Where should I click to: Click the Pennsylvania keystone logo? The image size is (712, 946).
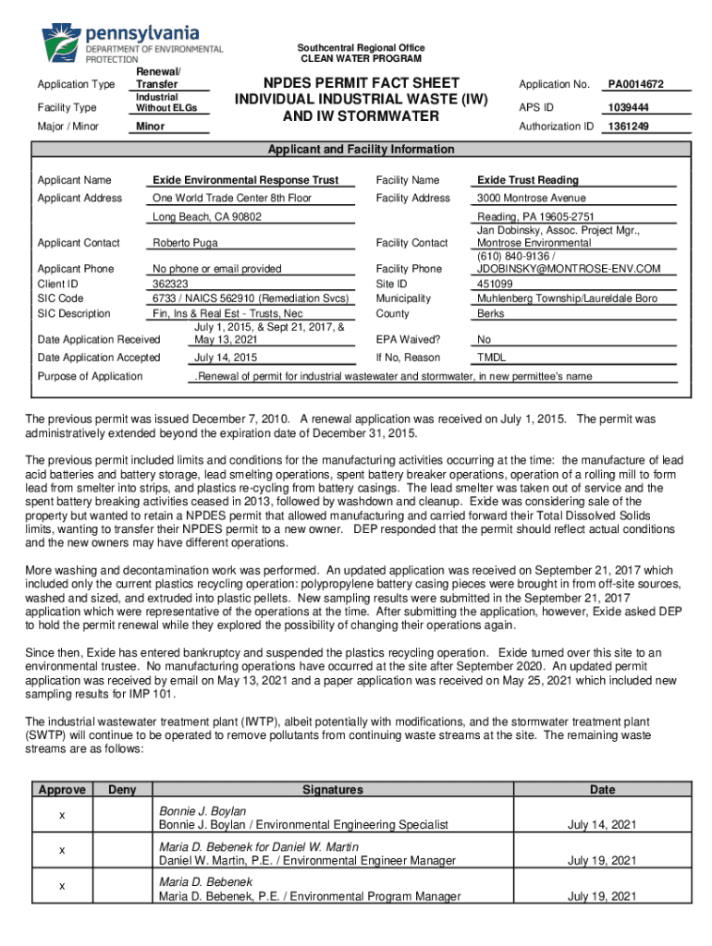point(62,41)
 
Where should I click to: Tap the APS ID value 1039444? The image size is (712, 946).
point(627,107)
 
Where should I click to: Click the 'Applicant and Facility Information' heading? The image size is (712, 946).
point(360,150)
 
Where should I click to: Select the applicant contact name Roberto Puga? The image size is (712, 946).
point(186,243)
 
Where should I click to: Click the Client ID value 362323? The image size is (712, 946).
point(170,284)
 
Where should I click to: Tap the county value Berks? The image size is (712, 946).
point(490,313)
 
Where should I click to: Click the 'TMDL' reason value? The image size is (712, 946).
point(491,358)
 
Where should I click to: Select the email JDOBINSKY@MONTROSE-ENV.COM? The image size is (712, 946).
point(569,269)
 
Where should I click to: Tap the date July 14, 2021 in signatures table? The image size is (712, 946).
point(602,825)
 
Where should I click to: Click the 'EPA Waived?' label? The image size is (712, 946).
point(408,339)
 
